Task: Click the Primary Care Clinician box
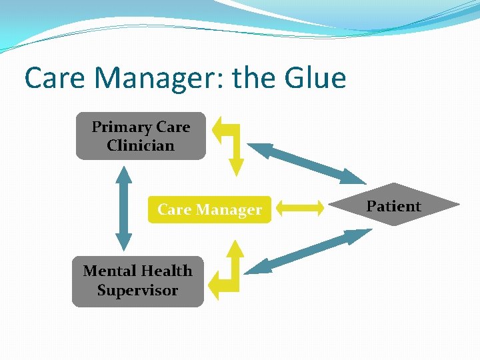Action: point(141,136)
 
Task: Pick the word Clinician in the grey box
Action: point(141,145)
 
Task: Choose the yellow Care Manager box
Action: point(209,209)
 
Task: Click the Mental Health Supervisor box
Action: point(137,281)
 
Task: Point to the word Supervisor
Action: point(137,291)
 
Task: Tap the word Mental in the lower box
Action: point(109,271)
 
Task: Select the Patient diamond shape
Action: point(394,205)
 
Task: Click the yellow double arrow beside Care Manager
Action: point(300,209)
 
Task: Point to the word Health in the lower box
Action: point(167,271)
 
